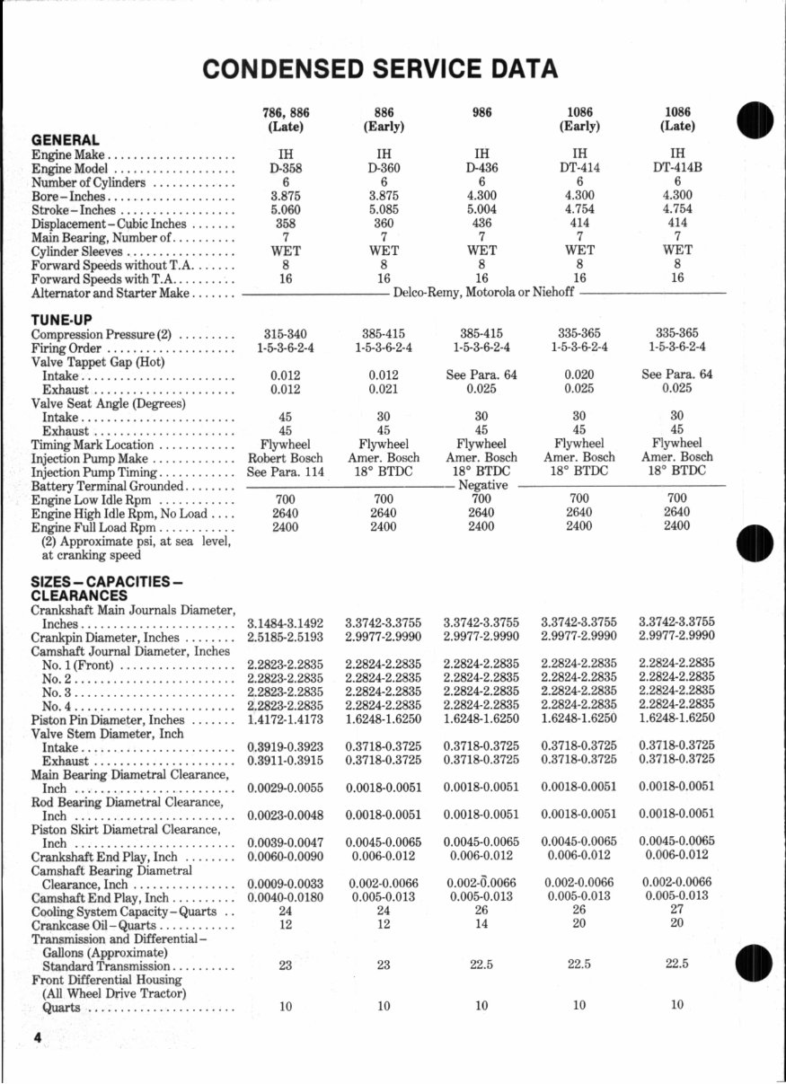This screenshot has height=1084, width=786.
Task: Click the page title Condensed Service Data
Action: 380,68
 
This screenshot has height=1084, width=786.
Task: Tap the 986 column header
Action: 481,113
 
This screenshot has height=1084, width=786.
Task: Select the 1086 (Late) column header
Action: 678,119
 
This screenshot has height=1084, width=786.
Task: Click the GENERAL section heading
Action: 66,140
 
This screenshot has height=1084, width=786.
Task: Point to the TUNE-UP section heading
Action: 62,319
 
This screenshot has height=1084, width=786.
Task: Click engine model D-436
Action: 481,168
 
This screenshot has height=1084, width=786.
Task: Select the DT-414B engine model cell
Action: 677,168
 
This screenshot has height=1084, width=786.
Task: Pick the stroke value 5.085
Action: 384,209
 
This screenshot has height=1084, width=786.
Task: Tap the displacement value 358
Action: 286,223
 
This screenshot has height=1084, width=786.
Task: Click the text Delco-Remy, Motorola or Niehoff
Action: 482,293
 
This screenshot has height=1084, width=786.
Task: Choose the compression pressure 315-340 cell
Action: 286,333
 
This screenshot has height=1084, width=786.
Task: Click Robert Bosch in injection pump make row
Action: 285,457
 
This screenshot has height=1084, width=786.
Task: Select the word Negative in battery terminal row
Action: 483,485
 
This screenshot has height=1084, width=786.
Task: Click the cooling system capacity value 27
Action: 677,911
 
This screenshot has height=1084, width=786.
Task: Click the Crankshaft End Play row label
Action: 103,857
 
